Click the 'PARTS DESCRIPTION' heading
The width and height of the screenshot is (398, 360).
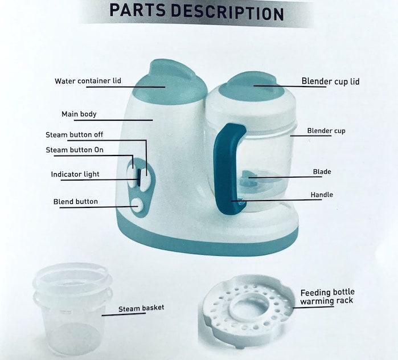(x=196, y=12)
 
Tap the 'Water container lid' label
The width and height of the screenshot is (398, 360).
(x=88, y=81)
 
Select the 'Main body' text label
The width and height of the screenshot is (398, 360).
(x=79, y=114)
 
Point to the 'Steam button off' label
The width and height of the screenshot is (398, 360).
(x=75, y=134)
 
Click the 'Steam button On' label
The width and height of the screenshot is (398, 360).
(x=75, y=150)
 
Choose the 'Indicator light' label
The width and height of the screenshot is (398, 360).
(x=75, y=174)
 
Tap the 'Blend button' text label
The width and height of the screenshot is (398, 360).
(x=76, y=202)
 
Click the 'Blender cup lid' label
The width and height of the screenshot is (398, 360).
(x=330, y=81)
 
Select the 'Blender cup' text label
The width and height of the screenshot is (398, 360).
(x=326, y=131)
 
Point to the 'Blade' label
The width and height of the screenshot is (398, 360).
(x=322, y=171)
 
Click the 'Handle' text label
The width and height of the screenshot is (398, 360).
(x=322, y=195)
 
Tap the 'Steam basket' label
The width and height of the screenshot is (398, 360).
(x=141, y=308)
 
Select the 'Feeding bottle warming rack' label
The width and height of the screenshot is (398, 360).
(x=327, y=297)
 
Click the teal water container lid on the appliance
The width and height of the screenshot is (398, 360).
(x=169, y=82)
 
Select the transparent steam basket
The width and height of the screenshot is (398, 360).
(x=72, y=309)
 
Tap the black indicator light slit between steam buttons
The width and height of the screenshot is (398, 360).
(x=139, y=178)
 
